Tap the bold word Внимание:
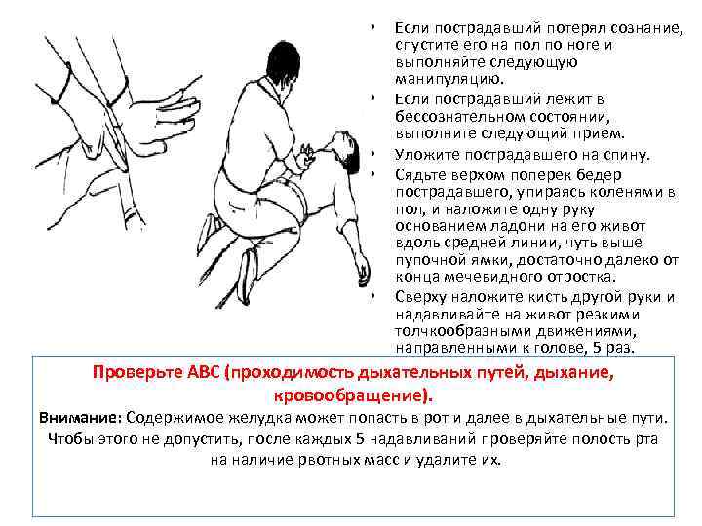(x=81, y=418)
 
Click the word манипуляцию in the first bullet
(x=449, y=79)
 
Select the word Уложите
(x=427, y=155)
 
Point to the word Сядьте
(x=422, y=175)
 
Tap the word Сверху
(x=421, y=297)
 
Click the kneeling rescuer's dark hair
(x=283, y=63)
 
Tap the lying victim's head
(x=344, y=151)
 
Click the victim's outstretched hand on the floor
(x=363, y=272)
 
